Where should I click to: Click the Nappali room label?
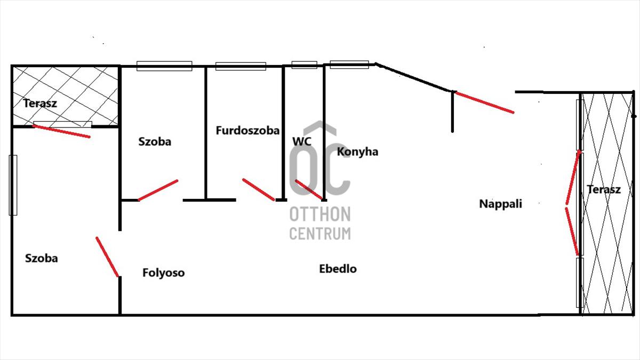click(x=500, y=203)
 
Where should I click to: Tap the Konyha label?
click(x=357, y=151)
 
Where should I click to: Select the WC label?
click(x=301, y=141)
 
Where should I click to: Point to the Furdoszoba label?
click(x=247, y=130)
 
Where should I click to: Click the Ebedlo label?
click(x=338, y=269)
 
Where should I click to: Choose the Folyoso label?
click(x=163, y=273)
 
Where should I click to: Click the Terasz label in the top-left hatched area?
click(x=40, y=103)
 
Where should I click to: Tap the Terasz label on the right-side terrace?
click(x=604, y=189)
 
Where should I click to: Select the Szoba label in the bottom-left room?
click(x=42, y=258)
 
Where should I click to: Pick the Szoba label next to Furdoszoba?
click(x=155, y=142)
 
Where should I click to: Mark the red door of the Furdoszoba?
click(x=259, y=189)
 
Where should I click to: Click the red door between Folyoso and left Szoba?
click(x=107, y=257)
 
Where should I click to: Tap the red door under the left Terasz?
click(x=61, y=131)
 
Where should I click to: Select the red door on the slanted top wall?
click(x=485, y=102)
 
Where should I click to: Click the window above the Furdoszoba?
click(x=241, y=66)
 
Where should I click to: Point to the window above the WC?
click(x=304, y=65)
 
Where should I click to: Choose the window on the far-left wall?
click(x=13, y=185)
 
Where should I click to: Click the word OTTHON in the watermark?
click(x=320, y=214)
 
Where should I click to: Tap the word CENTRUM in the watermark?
click(x=320, y=233)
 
